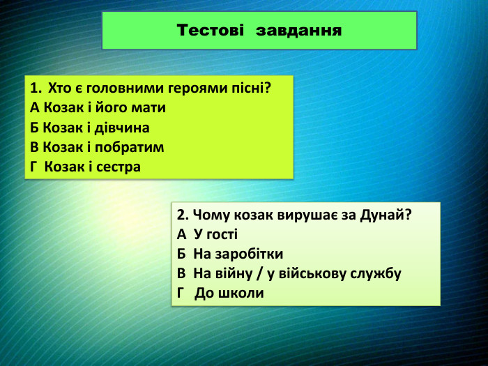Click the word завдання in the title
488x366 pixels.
click(299, 31)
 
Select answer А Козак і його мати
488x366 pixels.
click(98, 108)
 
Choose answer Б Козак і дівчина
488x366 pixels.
click(90, 128)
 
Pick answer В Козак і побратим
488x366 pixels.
click(97, 147)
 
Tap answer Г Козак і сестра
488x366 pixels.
click(86, 167)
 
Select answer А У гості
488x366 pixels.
click(207, 234)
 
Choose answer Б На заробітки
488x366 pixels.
click(230, 254)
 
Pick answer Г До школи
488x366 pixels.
click(220, 293)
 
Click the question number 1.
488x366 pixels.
click(35, 89)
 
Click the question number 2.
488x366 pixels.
click(181, 215)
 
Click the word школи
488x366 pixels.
click(243, 293)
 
